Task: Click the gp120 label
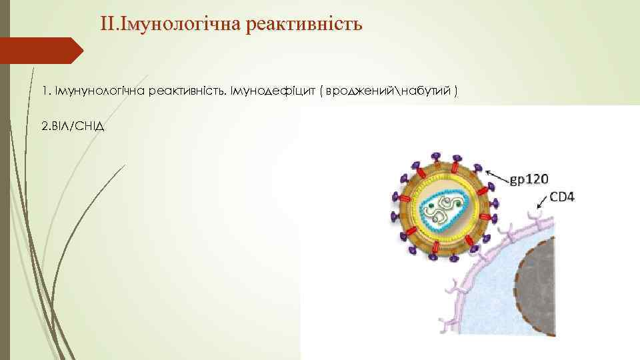529,179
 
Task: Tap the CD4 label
563,197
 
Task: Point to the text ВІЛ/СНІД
73,126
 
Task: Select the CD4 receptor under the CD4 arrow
533,216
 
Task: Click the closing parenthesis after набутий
455,91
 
